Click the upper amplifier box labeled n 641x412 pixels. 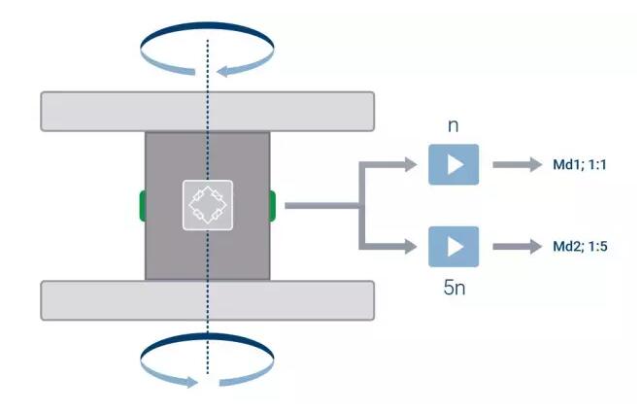pos(454,163)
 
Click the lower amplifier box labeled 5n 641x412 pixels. pos(454,247)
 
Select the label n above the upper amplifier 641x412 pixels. pos(453,126)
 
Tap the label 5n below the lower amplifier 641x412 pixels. pos(453,287)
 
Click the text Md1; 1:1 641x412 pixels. pos(573,165)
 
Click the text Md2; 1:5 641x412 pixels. pos(573,247)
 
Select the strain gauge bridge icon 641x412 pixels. pos(207,205)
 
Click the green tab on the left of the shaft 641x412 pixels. pos(142,205)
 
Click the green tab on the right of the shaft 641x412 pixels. pos(272,205)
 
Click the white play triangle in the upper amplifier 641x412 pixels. pos(455,163)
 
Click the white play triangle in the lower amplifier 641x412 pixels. pos(455,247)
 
